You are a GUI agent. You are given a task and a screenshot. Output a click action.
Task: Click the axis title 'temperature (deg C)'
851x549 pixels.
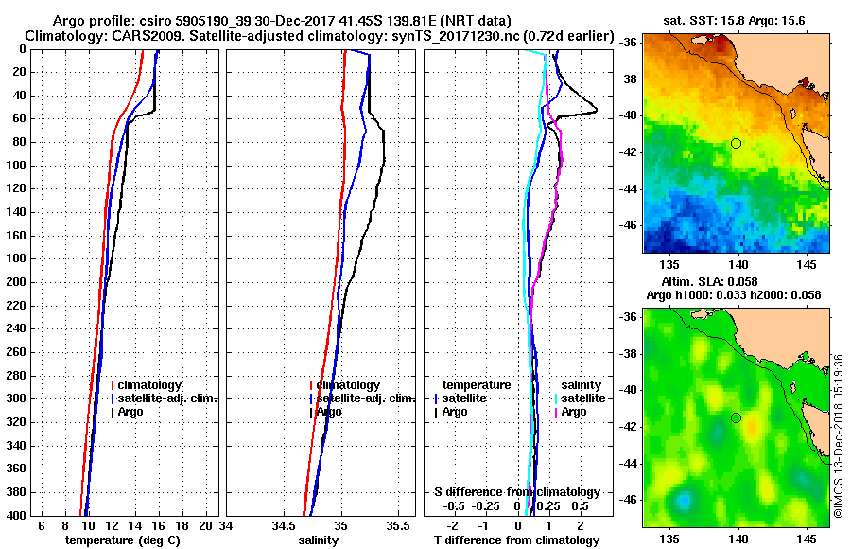122,540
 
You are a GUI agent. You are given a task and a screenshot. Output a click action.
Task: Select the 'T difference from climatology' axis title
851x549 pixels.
516,540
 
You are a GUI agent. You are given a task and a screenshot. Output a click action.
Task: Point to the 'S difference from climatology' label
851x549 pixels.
516,492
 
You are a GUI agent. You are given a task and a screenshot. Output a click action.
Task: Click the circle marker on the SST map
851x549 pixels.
736,143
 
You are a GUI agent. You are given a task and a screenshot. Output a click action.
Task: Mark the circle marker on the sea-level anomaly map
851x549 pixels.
736,417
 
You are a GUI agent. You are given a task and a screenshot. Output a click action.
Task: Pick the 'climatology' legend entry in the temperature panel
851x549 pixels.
148,385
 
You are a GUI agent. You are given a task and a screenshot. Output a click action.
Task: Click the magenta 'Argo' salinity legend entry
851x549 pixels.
574,412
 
